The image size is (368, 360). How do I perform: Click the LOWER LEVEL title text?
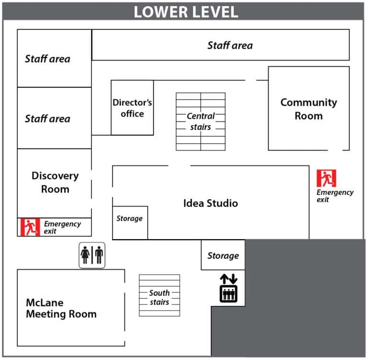click(186, 12)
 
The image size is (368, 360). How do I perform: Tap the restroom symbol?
click(92, 255)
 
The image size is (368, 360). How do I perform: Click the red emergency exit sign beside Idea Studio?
click(326, 178)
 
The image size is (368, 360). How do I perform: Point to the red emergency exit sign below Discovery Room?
click(30, 227)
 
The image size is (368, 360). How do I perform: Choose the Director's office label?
click(132, 108)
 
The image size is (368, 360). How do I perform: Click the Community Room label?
click(309, 109)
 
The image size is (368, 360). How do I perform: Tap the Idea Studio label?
click(210, 203)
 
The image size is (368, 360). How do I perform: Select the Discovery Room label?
click(55, 183)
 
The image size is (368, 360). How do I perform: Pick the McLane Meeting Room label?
click(61, 308)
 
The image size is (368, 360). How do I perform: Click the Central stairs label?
click(201, 121)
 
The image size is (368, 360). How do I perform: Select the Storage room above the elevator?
click(223, 255)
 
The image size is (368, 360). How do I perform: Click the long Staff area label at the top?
click(230, 46)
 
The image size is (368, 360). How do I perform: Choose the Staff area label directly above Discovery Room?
click(47, 119)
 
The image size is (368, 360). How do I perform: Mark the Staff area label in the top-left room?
click(47, 59)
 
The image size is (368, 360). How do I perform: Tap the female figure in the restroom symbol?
click(85, 255)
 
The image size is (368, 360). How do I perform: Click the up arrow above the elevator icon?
click(224, 279)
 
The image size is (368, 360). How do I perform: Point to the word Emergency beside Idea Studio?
click(335, 193)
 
